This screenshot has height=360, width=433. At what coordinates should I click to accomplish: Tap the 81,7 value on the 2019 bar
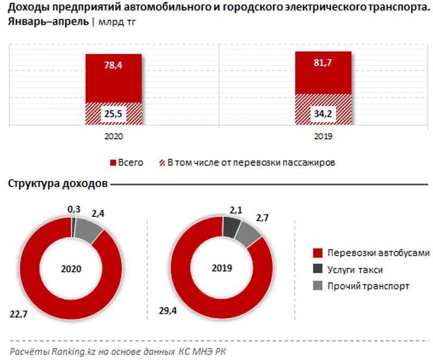(323, 63)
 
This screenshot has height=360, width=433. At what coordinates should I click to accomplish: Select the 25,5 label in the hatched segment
(114, 114)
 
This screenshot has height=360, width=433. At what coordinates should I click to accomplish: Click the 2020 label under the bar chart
(114, 137)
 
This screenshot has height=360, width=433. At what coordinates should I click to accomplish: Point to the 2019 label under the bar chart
(323, 137)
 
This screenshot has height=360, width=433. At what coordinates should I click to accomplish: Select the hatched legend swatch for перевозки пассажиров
(161, 162)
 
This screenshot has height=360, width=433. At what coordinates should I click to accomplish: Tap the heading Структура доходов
(58, 184)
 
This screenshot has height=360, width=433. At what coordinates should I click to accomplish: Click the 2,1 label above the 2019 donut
(234, 208)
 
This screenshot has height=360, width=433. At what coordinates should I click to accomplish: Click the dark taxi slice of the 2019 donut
(232, 227)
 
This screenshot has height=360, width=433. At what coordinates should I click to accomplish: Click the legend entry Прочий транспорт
(368, 286)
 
